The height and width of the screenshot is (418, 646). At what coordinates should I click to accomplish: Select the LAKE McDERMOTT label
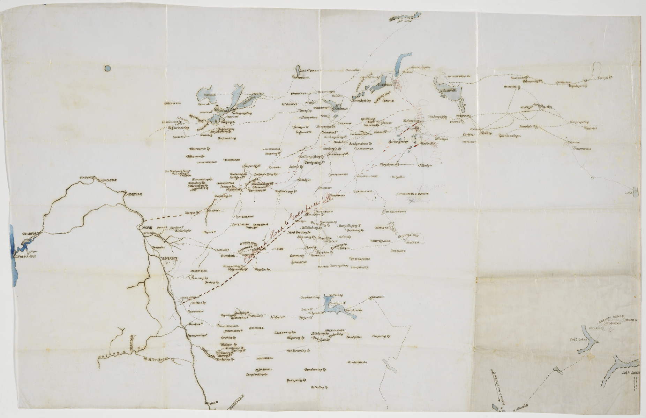(x=311, y=70)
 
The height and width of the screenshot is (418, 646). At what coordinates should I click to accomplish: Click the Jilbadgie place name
(x=425, y=165)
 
